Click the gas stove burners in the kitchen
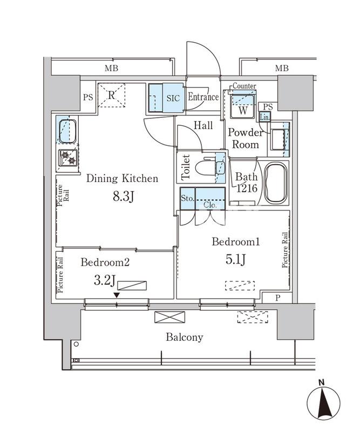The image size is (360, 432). point(68,157)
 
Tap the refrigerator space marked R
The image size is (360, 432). point(111,96)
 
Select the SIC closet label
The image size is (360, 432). point(173,98)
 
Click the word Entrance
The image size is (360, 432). point(203,98)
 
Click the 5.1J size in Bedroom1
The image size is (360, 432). point(236,260)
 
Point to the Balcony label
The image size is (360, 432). point(185,337)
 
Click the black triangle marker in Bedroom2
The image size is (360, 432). point(117,295)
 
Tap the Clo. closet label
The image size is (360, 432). point(209,205)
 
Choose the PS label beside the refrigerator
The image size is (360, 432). point(87,98)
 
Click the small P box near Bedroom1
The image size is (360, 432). point(277,298)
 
